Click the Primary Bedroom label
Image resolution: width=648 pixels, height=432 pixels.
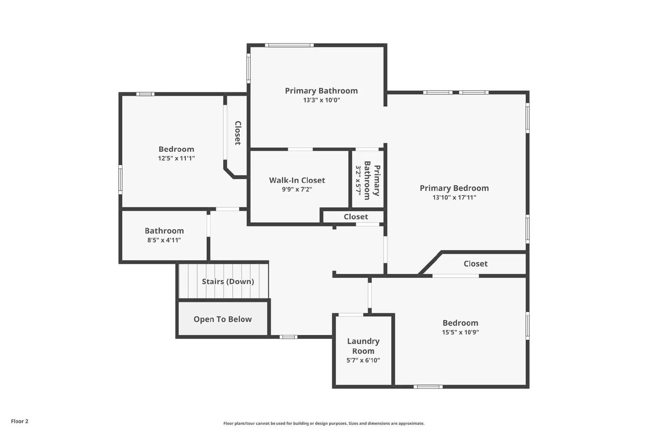pyautogui.click(x=454, y=188)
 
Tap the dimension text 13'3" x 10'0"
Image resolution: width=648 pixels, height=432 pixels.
pyautogui.click(x=322, y=100)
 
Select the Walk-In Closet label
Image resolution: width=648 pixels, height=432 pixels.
pyautogui.click(x=297, y=180)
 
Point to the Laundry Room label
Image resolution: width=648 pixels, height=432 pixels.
pyautogui.click(x=363, y=346)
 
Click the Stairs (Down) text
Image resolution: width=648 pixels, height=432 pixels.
pyautogui.click(x=228, y=281)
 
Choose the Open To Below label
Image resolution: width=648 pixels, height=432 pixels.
pyautogui.click(x=223, y=319)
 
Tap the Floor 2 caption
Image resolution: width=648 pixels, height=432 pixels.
pyautogui.click(x=19, y=421)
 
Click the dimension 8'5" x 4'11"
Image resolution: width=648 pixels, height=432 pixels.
pyautogui.click(x=164, y=240)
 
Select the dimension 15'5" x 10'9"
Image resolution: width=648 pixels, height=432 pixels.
pyautogui.click(x=460, y=332)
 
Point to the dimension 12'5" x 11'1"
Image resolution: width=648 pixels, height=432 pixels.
pyautogui.click(x=176, y=158)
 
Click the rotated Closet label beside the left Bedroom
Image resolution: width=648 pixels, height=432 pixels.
pyautogui.click(x=238, y=133)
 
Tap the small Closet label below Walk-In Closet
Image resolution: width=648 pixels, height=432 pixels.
pyautogui.click(x=356, y=217)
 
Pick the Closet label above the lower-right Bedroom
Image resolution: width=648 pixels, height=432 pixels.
pyautogui.click(x=475, y=264)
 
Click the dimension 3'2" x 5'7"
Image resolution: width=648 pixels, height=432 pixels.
pyautogui.click(x=358, y=179)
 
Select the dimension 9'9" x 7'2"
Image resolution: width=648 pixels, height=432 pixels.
pyautogui.click(x=297, y=189)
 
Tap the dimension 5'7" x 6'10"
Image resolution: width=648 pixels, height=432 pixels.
pyautogui.click(x=363, y=360)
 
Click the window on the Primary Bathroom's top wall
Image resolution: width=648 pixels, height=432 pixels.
pyautogui.click(x=289, y=45)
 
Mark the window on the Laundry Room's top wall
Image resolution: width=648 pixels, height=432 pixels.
pyautogui.click(x=351, y=315)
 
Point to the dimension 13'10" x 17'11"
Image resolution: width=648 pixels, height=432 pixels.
pyautogui.click(x=454, y=198)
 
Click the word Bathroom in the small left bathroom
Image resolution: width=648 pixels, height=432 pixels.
pyautogui.click(x=164, y=231)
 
